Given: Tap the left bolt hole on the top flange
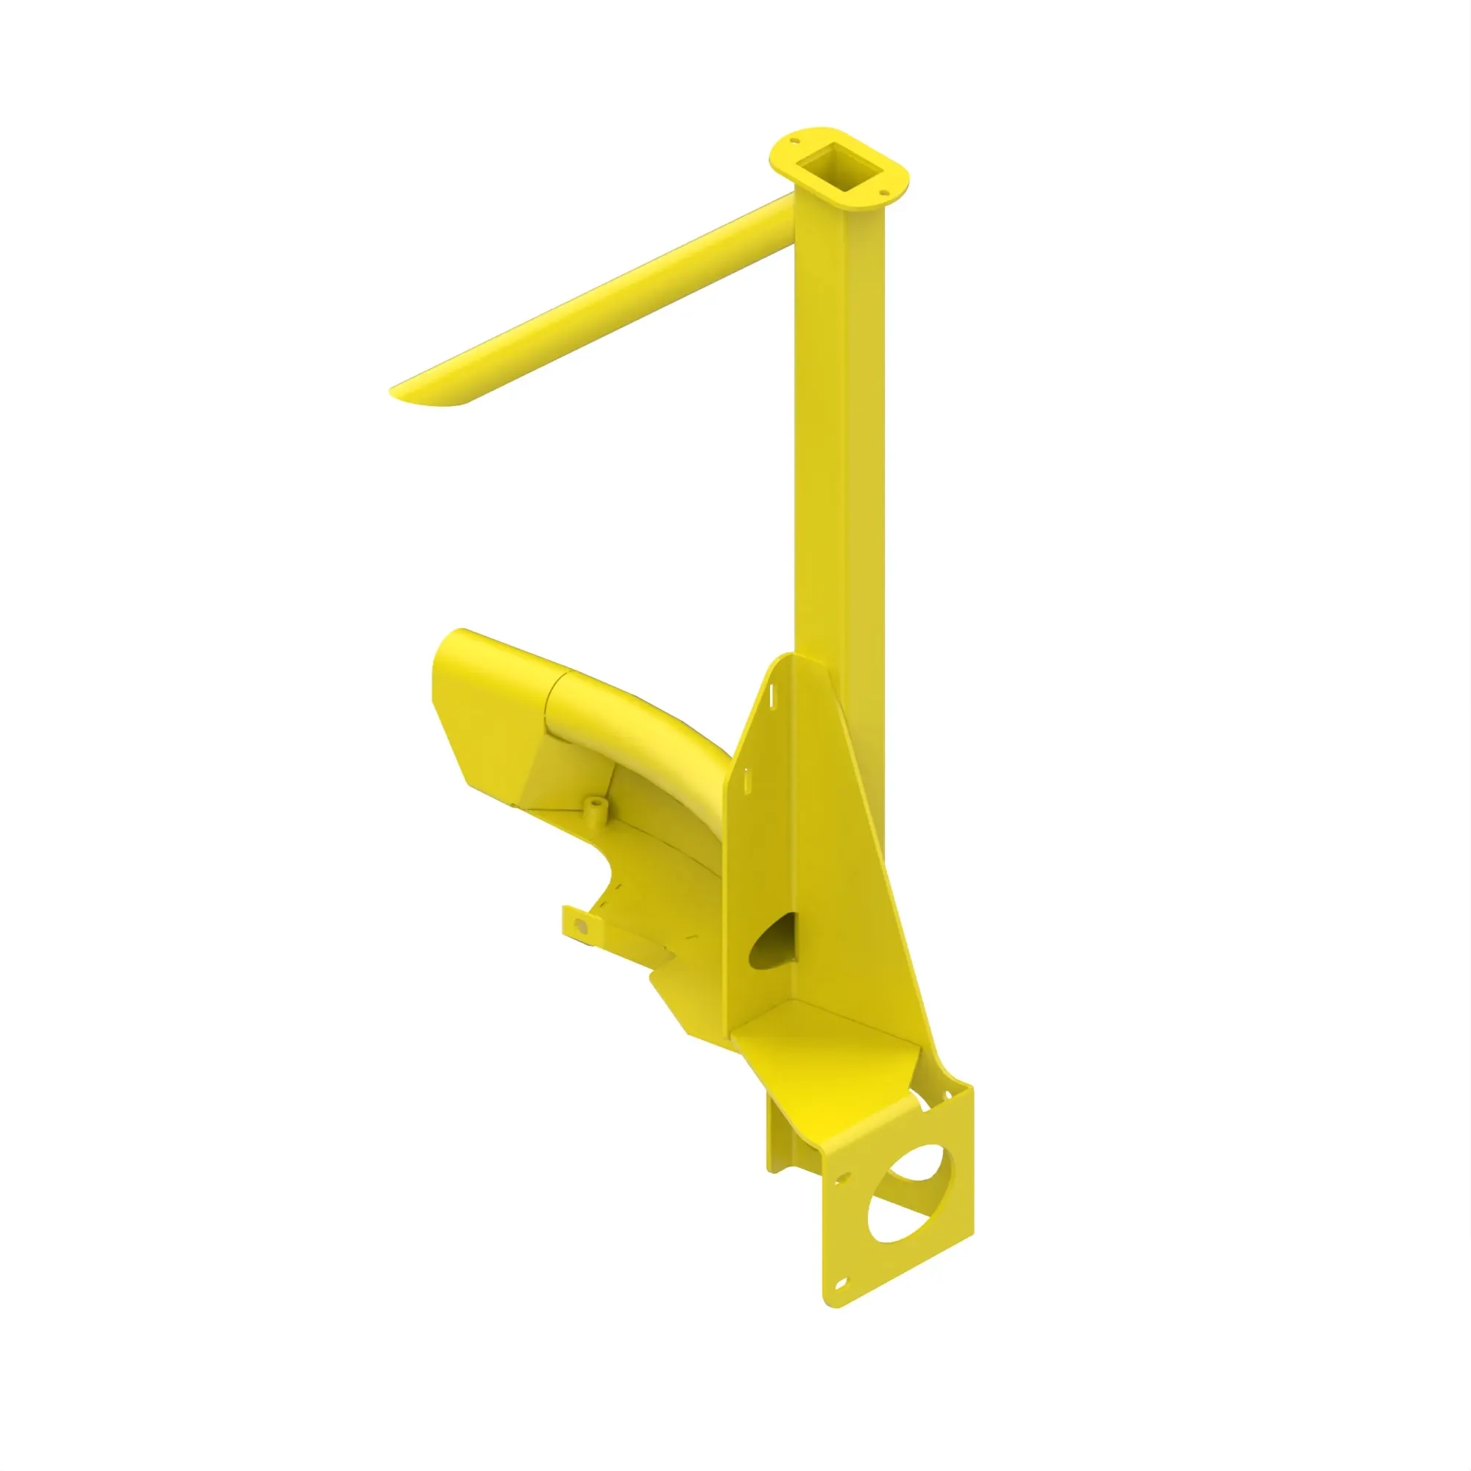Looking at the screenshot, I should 794,141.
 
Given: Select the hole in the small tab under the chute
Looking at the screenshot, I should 580,927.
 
